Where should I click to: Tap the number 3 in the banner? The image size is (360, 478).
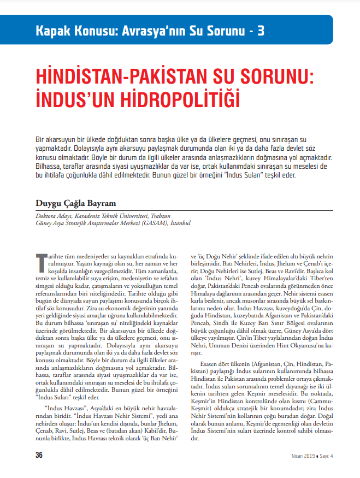click(x=260, y=30)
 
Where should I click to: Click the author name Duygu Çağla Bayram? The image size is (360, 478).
click(x=76, y=203)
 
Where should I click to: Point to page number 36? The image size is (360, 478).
click(x=39, y=456)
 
